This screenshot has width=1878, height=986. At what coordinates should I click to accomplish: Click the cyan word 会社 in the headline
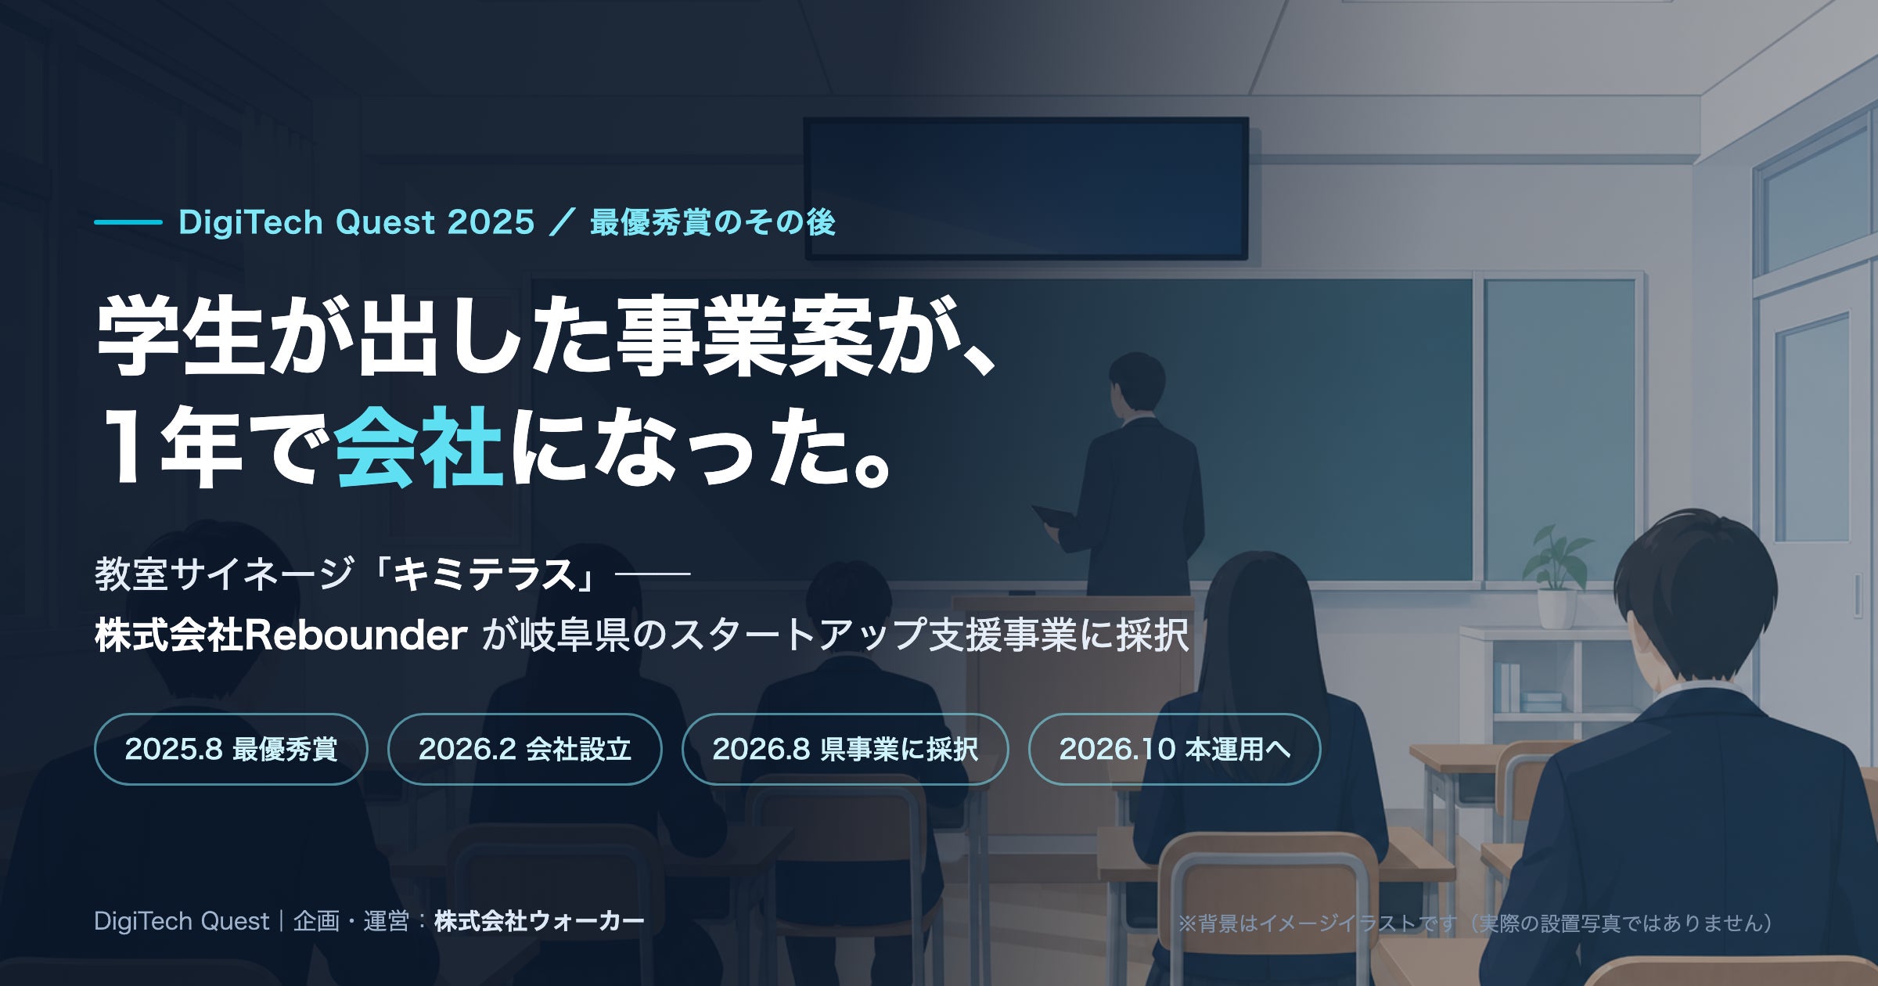tap(419, 448)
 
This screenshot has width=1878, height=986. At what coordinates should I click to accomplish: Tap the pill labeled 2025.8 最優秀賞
tap(231, 749)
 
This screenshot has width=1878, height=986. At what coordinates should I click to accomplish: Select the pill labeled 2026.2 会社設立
tap(524, 749)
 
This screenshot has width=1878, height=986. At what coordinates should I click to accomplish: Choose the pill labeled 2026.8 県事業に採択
tap(845, 749)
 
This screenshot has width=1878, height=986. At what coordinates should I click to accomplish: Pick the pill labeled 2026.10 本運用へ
tap(1175, 749)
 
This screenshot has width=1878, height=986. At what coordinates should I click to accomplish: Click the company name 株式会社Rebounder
tap(281, 635)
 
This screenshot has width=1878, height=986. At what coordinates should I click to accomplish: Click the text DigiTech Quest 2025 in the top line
tap(356, 222)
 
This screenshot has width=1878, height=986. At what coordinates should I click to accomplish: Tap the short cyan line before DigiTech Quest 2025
tap(128, 222)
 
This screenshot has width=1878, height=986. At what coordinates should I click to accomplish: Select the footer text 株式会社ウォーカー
tap(539, 921)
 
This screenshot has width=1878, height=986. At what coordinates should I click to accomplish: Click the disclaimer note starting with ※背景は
tap(1475, 923)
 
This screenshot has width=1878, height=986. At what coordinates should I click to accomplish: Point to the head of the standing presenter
tap(1136, 383)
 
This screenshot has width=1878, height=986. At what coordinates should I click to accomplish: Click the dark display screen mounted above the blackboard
tap(1026, 189)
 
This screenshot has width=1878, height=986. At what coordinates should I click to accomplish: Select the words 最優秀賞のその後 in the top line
tap(713, 222)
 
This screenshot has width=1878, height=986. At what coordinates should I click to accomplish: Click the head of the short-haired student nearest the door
tap(1694, 595)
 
